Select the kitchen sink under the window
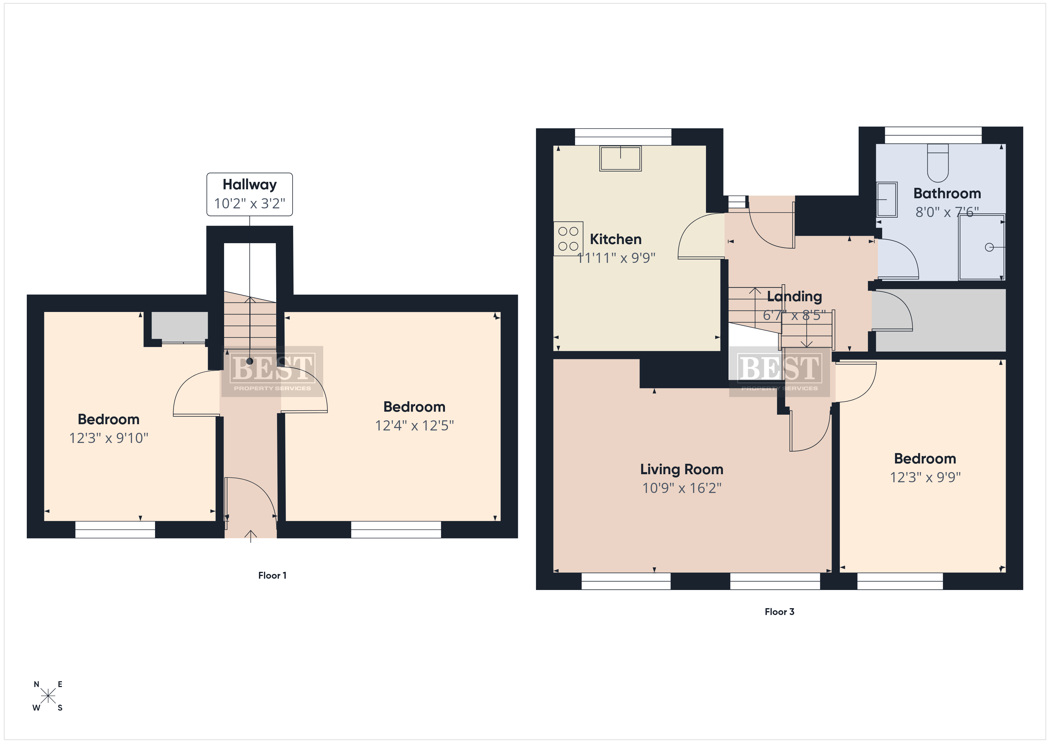click(x=620, y=158)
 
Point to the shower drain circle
click(x=989, y=247)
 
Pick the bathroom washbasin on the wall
click(x=887, y=199)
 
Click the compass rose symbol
click(x=48, y=696)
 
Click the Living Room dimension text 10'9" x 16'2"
click(x=682, y=488)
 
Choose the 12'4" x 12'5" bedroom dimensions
click(x=414, y=425)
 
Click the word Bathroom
click(x=947, y=193)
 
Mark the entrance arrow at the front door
click(x=250, y=536)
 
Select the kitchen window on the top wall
click(x=623, y=137)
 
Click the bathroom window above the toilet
click(x=933, y=135)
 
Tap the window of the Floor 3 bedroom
click(x=900, y=581)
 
